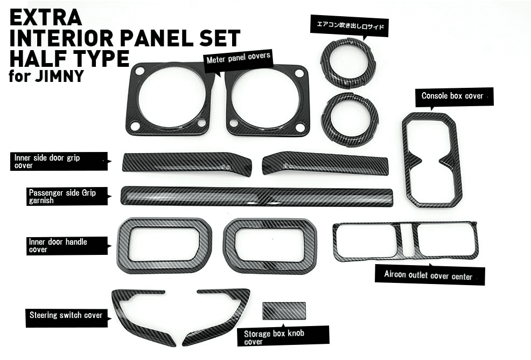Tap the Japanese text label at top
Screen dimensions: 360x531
(350, 25)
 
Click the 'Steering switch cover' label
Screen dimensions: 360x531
(66, 316)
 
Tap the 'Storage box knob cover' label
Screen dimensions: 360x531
(283, 336)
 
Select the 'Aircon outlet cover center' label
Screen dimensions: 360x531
(429, 275)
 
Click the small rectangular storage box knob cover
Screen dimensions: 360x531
(284, 311)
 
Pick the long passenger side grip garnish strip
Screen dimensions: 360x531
(257, 197)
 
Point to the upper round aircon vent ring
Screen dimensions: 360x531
(347, 63)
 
